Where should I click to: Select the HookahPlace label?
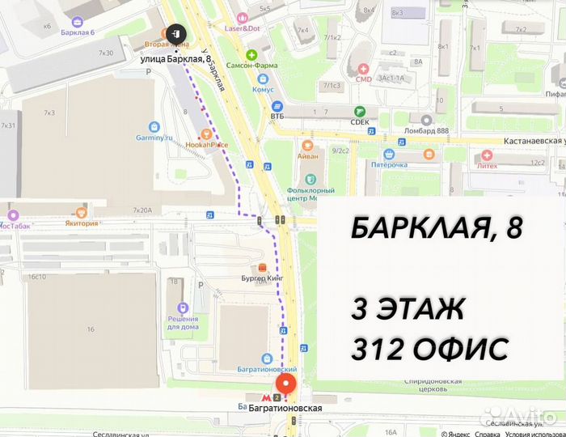pyautogui.click(x=207, y=144)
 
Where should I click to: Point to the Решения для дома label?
pyautogui.click(x=184, y=322)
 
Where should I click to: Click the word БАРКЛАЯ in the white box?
pyautogui.click(x=415, y=229)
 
